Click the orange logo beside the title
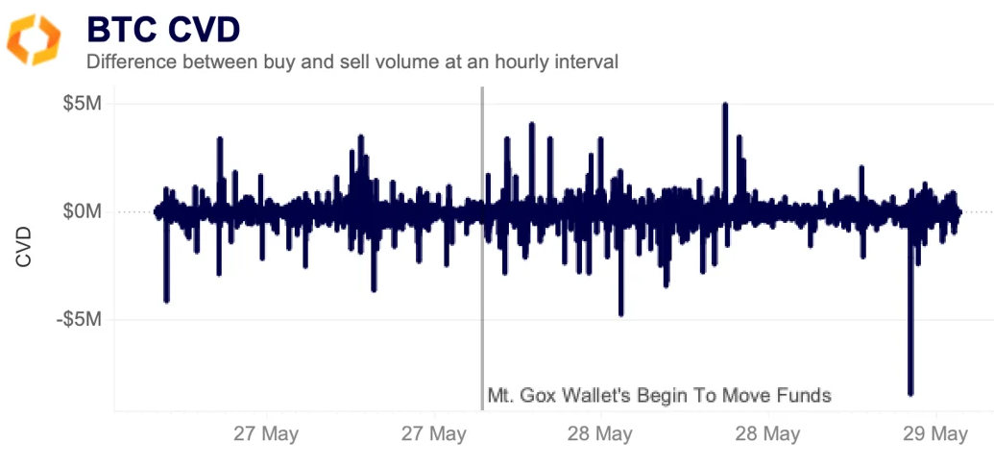(34, 39)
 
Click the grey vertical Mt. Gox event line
(481, 288)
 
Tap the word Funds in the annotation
(806, 395)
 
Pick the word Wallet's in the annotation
(600, 395)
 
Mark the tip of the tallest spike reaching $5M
(725, 105)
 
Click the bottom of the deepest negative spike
(910, 393)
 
